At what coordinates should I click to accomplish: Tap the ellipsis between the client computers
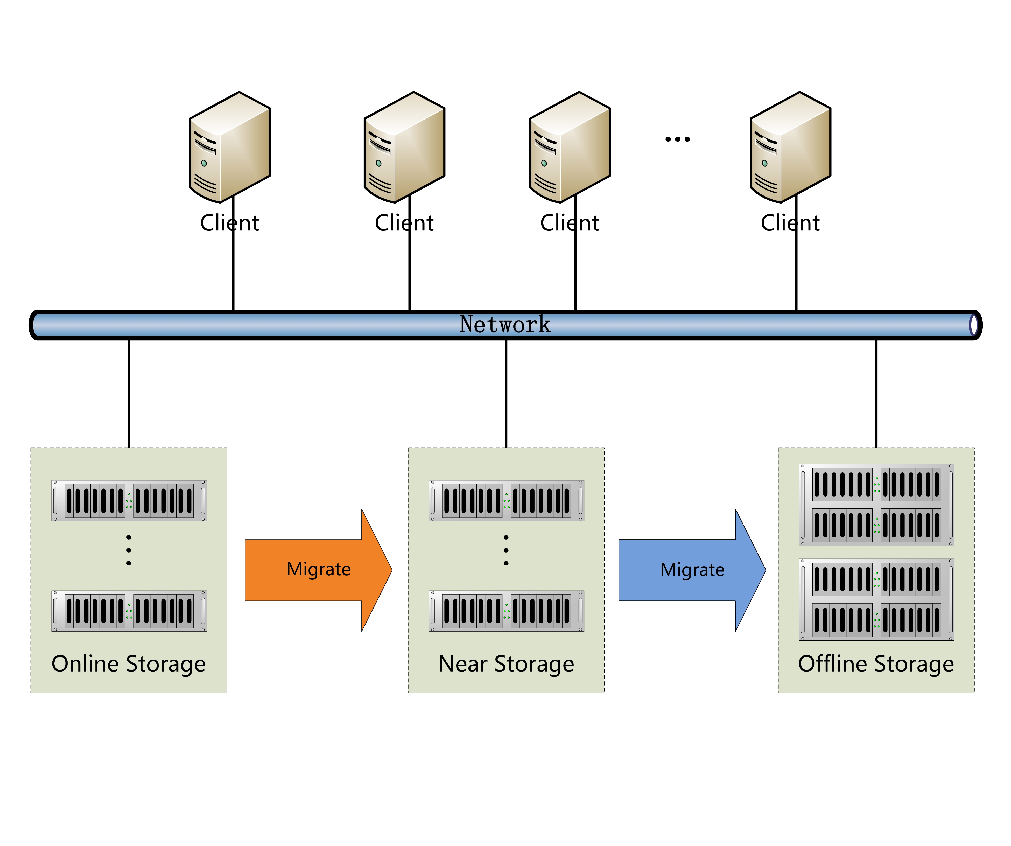pos(677,139)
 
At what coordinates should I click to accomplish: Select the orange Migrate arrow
pos(318,570)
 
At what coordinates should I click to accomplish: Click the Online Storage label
pos(129,663)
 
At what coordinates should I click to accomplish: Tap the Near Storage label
pos(506,663)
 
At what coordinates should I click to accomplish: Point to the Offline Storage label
pos(876,663)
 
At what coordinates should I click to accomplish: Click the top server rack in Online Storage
pos(129,500)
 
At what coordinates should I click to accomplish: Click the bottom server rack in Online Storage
pos(129,611)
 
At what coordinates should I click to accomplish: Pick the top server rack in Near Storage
pos(507,500)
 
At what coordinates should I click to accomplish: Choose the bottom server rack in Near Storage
pos(507,611)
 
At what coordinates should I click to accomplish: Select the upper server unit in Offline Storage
pos(876,505)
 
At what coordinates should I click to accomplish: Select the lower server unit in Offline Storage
pos(876,599)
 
